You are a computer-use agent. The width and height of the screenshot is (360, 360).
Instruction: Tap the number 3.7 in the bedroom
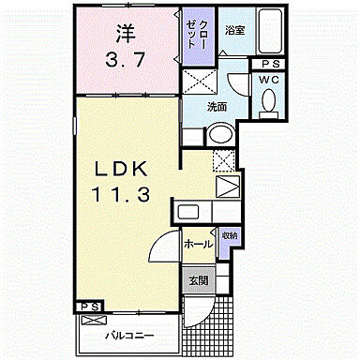tap(125, 64)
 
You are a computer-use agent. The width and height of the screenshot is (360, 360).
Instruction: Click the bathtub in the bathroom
tap(270, 34)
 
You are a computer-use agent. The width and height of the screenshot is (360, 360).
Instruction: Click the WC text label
tap(270, 80)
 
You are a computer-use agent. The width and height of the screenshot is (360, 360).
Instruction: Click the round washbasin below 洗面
tap(218, 137)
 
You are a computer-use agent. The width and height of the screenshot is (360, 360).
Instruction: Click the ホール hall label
tap(197, 244)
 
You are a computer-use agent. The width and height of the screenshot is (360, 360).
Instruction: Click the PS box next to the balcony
tap(89, 306)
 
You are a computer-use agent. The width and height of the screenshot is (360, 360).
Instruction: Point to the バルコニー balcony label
tap(123, 334)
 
